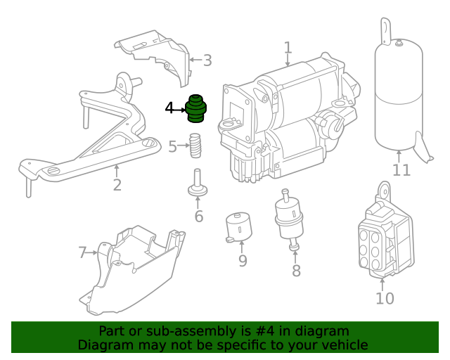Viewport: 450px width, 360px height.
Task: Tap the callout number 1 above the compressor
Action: (288, 48)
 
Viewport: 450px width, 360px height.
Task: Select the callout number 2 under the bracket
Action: (117, 185)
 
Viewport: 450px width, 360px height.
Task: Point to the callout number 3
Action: (207, 60)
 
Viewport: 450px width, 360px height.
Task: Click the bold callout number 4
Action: (169, 108)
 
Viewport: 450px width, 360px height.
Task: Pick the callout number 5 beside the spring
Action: (173, 147)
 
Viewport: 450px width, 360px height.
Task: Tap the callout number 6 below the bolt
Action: (198, 217)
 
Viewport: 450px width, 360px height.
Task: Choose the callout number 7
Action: (82, 252)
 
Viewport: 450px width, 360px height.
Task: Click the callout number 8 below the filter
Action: (296, 271)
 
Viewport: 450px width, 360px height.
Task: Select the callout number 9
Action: (243, 262)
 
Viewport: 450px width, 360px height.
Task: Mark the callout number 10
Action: (385, 298)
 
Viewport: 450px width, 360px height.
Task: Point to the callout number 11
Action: (401, 170)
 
